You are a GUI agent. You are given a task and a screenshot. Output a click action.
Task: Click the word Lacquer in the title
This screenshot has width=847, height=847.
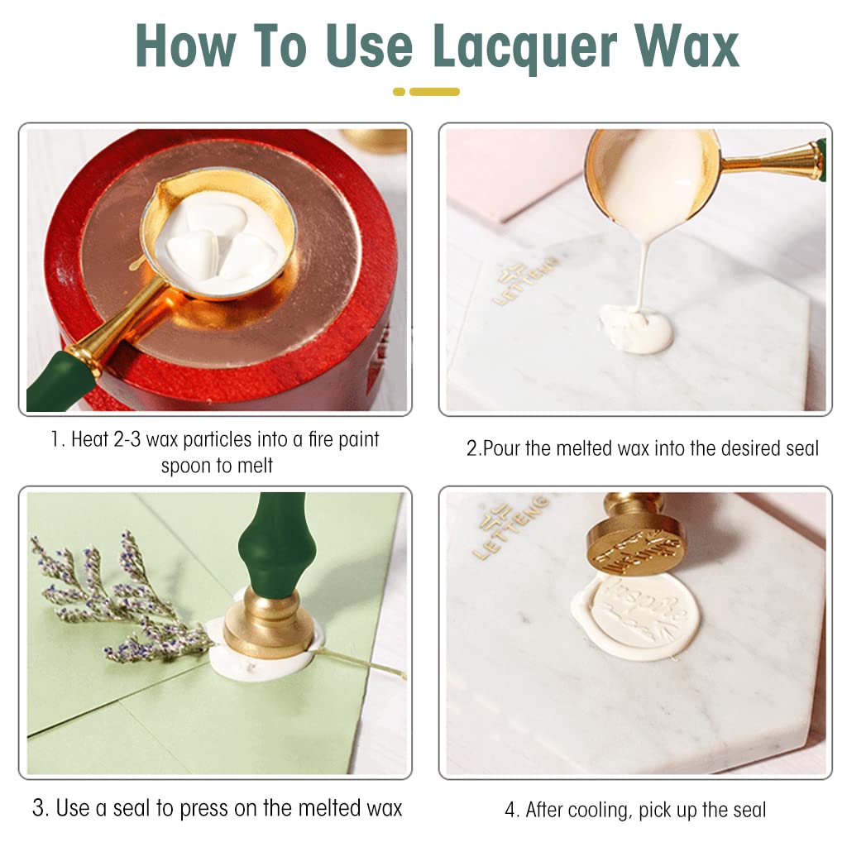point(524,46)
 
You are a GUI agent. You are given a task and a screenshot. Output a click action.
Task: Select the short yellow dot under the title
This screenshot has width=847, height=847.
point(399,92)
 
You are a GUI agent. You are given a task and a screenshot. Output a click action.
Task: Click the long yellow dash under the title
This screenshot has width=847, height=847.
point(434,92)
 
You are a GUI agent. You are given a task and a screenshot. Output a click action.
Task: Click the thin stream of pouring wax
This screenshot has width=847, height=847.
point(643,274)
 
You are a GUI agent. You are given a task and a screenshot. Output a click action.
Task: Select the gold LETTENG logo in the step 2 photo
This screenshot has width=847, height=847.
point(524,281)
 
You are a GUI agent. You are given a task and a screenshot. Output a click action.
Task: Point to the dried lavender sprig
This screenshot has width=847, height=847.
point(124,600)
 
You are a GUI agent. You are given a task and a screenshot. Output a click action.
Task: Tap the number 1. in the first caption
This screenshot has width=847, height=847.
point(58,439)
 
